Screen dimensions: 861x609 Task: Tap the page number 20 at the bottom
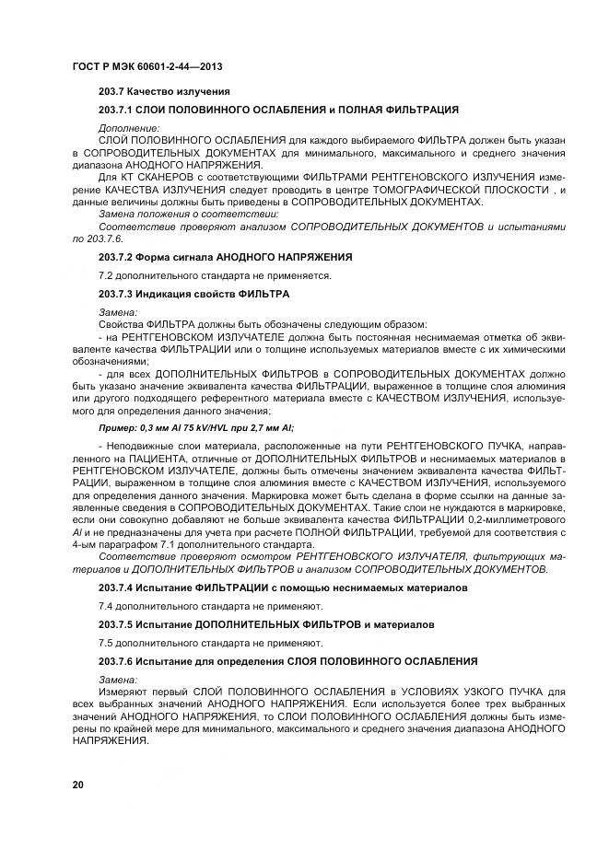pyautogui.click(x=77, y=784)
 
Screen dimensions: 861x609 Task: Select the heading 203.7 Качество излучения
pyautogui.click(x=164, y=92)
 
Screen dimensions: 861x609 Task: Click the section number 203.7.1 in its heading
pyautogui.click(x=118, y=111)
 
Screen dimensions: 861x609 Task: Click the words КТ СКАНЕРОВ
pyautogui.click(x=151, y=175)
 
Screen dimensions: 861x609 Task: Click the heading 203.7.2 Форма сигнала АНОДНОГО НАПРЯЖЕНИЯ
pyautogui.click(x=226, y=256)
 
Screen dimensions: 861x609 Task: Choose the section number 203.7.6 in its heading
pyautogui.click(x=118, y=661)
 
